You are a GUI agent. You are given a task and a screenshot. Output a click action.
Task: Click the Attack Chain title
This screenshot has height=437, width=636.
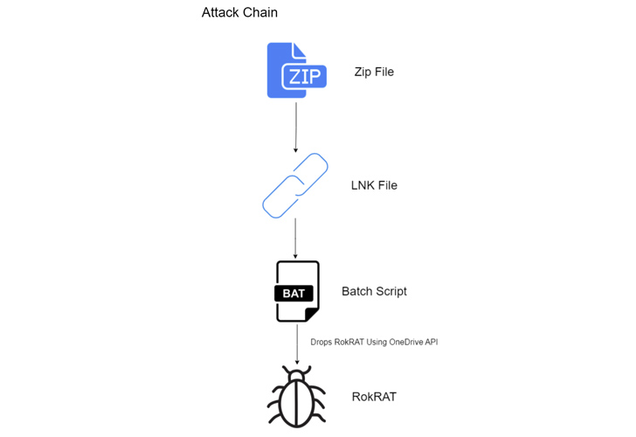click(239, 13)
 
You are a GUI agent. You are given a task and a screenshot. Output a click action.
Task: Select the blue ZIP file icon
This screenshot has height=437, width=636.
click(296, 71)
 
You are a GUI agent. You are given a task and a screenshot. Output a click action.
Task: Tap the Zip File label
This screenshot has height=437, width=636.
click(374, 72)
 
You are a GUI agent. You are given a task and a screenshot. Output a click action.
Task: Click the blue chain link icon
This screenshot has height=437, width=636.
click(295, 185)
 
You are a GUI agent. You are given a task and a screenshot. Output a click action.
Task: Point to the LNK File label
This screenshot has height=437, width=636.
click(374, 185)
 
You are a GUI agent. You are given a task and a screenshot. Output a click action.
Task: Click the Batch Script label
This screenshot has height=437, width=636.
click(374, 291)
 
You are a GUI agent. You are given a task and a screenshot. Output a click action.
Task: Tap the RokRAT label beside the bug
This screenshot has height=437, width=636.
click(373, 397)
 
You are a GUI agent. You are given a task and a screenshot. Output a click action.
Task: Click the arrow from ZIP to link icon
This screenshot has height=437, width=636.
click(296, 127)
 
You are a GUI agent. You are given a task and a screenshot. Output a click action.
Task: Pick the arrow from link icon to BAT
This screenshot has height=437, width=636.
click(296, 238)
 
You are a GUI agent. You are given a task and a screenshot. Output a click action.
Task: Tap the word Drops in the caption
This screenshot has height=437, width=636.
click(322, 342)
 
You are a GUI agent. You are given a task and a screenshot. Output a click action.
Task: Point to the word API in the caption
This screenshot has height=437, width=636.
click(429, 342)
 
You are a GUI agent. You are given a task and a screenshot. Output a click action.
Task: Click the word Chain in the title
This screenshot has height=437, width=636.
click(259, 13)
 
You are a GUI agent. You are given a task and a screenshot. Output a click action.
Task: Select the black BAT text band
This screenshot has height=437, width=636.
click(294, 294)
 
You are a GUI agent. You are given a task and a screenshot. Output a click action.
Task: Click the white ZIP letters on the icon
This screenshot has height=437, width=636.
click(303, 77)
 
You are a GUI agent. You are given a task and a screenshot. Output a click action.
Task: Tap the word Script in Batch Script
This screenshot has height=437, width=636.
click(390, 291)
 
